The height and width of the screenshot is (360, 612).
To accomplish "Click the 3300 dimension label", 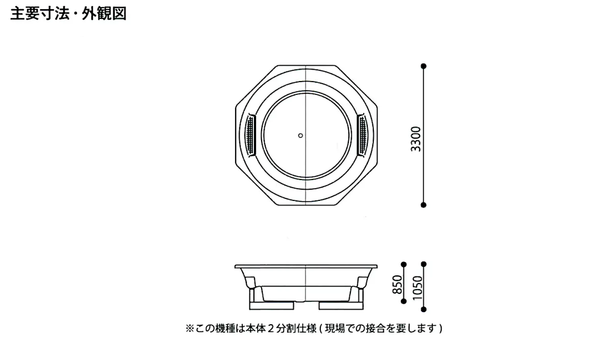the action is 416,139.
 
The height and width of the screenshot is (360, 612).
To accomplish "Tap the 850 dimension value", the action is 397,285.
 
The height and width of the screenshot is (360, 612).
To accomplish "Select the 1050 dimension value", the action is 418,288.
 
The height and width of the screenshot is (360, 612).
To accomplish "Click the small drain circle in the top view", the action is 300,136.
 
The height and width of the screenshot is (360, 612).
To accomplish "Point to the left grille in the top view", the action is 250,136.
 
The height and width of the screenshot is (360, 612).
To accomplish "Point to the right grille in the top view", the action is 362,136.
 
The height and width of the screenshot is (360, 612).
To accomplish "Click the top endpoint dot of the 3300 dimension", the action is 423,66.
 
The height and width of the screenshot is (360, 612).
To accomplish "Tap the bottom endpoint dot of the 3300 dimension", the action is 423,205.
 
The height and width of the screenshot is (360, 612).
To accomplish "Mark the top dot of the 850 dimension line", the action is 403,265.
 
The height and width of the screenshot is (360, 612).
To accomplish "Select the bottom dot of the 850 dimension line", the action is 403,301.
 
